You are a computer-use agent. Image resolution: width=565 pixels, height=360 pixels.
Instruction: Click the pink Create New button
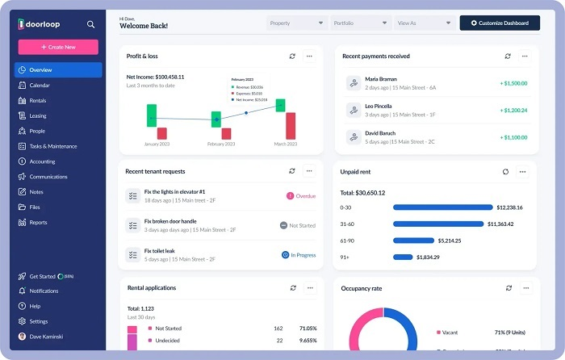pos(58,47)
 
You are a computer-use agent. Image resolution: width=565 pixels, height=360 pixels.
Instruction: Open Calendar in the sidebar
pos(40,85)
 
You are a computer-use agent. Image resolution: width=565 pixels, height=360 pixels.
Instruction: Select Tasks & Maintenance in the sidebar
pos(53,146)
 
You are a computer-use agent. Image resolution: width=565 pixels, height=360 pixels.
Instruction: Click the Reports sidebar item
pos(38,222)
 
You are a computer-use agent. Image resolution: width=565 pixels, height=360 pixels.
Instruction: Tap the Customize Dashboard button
pos(500,23)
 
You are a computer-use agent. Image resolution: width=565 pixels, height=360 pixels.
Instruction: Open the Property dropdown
pos(297,23)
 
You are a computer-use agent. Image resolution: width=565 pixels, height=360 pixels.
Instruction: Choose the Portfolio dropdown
pos(360,23)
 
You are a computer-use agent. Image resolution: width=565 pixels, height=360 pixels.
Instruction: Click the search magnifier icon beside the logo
pos(90,24)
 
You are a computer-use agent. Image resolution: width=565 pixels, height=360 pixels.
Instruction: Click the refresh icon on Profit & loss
pos(292,57)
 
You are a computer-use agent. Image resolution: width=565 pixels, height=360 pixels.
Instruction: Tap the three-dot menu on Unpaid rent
pos(523,172)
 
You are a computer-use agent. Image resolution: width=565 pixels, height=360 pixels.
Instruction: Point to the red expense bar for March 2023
pos(291,125)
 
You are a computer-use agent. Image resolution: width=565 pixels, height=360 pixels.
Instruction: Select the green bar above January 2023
pos(151,115)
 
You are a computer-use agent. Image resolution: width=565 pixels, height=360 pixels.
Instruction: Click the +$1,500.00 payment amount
pos(513,83)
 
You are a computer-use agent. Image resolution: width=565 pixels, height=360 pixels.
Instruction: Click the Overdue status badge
pos(301,195)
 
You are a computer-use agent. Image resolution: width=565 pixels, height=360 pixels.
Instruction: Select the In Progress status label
pos(299,255)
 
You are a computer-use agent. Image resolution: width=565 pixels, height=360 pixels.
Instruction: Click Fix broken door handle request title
pos(169,220)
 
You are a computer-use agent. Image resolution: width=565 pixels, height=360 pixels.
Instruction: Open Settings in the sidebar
pos(38,321)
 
